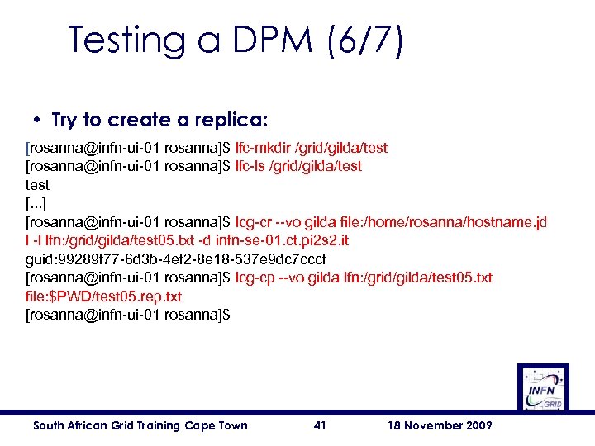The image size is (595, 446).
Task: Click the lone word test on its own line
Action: tap(38, 185)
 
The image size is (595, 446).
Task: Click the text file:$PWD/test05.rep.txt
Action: tap(103, 296)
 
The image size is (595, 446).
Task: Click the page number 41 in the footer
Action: tap(321, 425)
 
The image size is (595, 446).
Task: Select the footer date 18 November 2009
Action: tap(440, 425)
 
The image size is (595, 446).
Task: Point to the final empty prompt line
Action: tap(128, 315)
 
